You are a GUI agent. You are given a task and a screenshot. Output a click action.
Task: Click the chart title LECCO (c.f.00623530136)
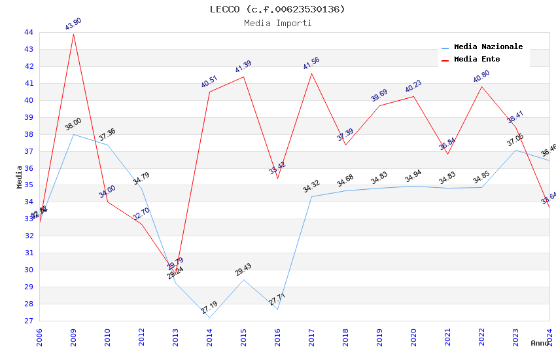[277, 9]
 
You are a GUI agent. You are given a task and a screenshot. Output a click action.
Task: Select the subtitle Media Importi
[277, 24]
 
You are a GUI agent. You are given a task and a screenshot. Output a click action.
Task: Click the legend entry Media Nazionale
[488, 47]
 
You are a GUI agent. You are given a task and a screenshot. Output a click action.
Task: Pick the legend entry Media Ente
[477, 60]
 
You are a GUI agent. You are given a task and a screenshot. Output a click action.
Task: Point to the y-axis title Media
[20, 177]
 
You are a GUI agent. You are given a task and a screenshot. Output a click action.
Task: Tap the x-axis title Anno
[540, 343]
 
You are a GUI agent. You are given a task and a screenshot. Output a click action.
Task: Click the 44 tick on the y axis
[29, 33]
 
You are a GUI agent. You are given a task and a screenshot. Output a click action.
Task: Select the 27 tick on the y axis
[29, 321]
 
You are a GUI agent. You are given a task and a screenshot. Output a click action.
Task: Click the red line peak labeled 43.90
[73, 34]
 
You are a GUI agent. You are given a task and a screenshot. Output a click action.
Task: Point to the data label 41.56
[311, 63]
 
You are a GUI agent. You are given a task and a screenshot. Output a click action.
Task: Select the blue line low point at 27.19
[209, 317]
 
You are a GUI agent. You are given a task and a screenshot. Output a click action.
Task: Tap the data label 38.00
[73, 124]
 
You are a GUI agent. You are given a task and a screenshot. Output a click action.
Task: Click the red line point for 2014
[209, 92]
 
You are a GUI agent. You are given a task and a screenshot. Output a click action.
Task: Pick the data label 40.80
[481, 77]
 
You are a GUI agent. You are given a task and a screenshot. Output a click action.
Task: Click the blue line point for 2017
[311, 196]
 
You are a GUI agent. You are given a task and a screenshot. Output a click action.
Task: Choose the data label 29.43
[243, 270]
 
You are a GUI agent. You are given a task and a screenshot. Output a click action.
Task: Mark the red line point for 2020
[413, 96]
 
